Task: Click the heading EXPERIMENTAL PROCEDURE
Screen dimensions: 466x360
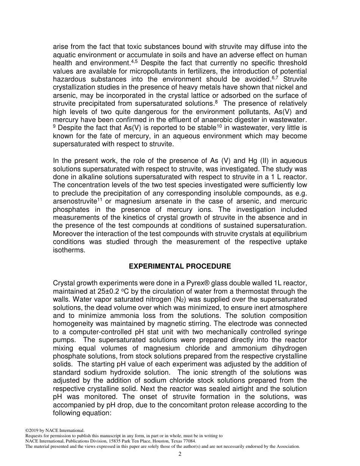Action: pyautogui.click(x=180, y=266)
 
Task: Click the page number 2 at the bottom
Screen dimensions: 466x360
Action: pyautogui.click(x=180, y=454)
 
